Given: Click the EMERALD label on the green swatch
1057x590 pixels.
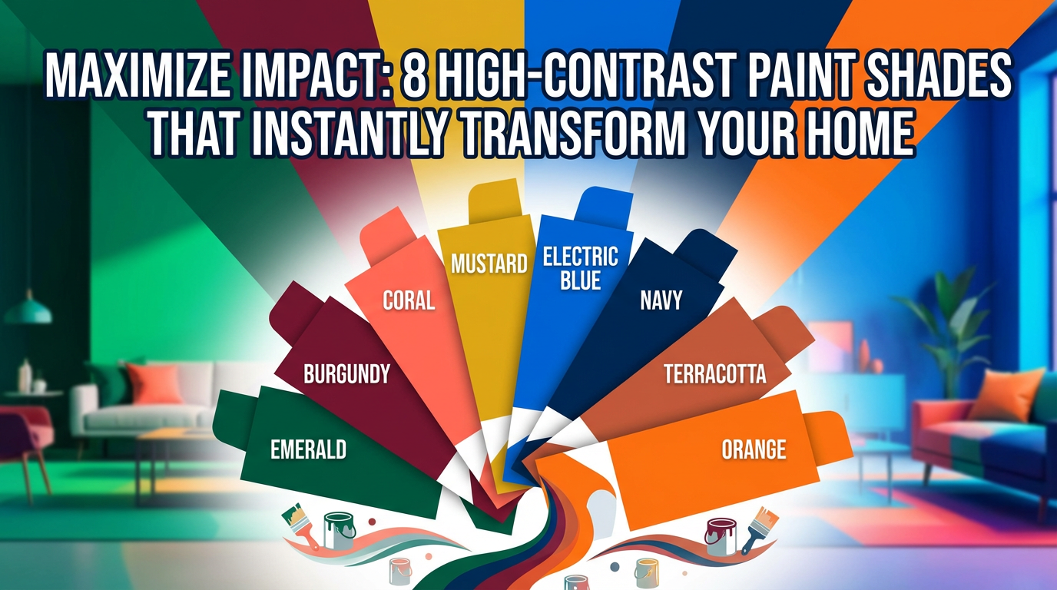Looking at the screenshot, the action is (308, 450).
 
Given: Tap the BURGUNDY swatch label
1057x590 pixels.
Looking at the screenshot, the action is (347, 374).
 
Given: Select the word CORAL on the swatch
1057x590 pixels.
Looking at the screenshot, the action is (409, 300).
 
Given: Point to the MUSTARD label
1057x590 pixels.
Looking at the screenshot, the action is (489, 264).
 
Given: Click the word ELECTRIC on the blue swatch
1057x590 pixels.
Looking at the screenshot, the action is (581, 257).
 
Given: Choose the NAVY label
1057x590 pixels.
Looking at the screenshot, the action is (661, 300).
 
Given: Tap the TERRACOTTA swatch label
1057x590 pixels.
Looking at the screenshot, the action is (715, 374).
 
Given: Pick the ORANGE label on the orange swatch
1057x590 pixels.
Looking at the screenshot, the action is (754, 449).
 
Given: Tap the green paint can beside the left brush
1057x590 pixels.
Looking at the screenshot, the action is (340, 531).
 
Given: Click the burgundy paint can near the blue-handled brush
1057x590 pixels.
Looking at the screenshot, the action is (721, 537).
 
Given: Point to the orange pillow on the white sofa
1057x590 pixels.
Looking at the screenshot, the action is (154, 383).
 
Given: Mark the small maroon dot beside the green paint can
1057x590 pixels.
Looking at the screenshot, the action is (372, 522).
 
